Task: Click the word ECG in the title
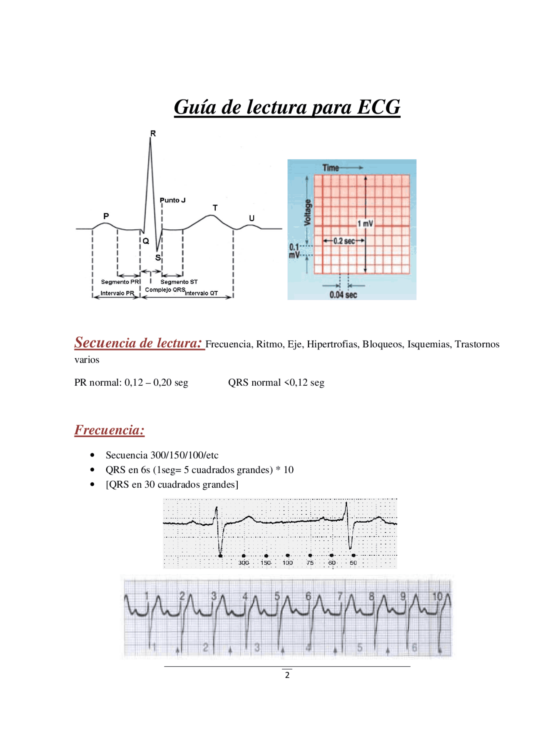pos(379,107)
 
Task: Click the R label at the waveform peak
pos(153,133)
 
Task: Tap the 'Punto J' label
pos(172,200)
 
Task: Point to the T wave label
pos(215,208)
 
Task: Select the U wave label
pos(252,218)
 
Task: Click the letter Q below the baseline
pos(146,241)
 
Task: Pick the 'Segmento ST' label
pos(179,282)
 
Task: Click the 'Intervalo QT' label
pos(201,293)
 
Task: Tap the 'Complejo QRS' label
pos(165,289)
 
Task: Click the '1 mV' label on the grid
pos(365,224)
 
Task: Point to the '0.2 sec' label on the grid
pos(344,241)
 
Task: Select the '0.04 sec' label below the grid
pos(343,295)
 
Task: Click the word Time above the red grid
pos(331,168)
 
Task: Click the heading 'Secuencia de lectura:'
pos(139,343)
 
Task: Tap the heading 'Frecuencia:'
pos(110,430)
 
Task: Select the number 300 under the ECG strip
pos(244,563)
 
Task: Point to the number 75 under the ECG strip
pos(310,563)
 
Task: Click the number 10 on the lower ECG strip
pos(438,597)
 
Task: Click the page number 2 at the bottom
pos(287,675)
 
